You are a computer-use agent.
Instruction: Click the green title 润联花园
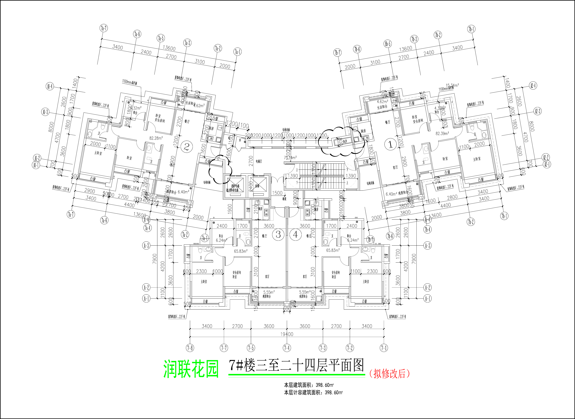(191, 369)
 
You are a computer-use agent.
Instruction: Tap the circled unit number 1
(391, 145)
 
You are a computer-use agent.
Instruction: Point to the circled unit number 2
(187, 147)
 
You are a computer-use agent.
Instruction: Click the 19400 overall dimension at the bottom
(287, 334)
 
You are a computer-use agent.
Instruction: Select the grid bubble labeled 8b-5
(388, 44)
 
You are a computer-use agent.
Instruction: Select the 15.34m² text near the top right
(452, 86)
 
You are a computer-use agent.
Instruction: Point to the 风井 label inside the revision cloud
(345, 141)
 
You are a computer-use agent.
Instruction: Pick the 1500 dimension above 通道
(277, 193)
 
